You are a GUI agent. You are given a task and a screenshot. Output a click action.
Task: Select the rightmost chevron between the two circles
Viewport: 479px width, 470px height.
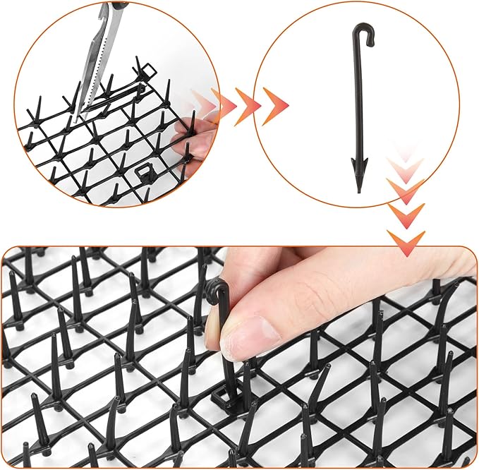pos(274,105)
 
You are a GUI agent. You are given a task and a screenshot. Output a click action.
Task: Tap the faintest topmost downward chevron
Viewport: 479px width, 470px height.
pos(404,152)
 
